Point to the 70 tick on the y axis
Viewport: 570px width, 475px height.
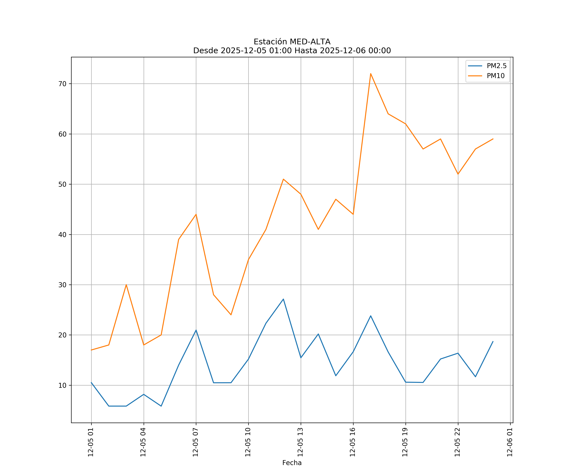(62, 84)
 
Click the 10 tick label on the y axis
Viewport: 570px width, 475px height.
(62, 385)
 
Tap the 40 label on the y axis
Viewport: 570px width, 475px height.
(62, 234)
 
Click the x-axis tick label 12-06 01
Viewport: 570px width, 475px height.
(510, 442)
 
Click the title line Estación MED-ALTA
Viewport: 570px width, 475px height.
(292, 42)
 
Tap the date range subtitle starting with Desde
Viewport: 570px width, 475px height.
(292, 51)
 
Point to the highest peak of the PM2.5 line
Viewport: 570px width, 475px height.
(283, 299)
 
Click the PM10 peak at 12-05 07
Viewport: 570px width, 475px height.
(196, 214)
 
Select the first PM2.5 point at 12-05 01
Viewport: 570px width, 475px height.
(92, 382)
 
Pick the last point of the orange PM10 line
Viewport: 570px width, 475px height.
(493, 139)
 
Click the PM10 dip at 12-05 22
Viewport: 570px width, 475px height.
(458, 174)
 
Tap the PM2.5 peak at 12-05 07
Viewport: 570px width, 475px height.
(196, 330)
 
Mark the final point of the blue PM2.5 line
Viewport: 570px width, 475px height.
(493, 342)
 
